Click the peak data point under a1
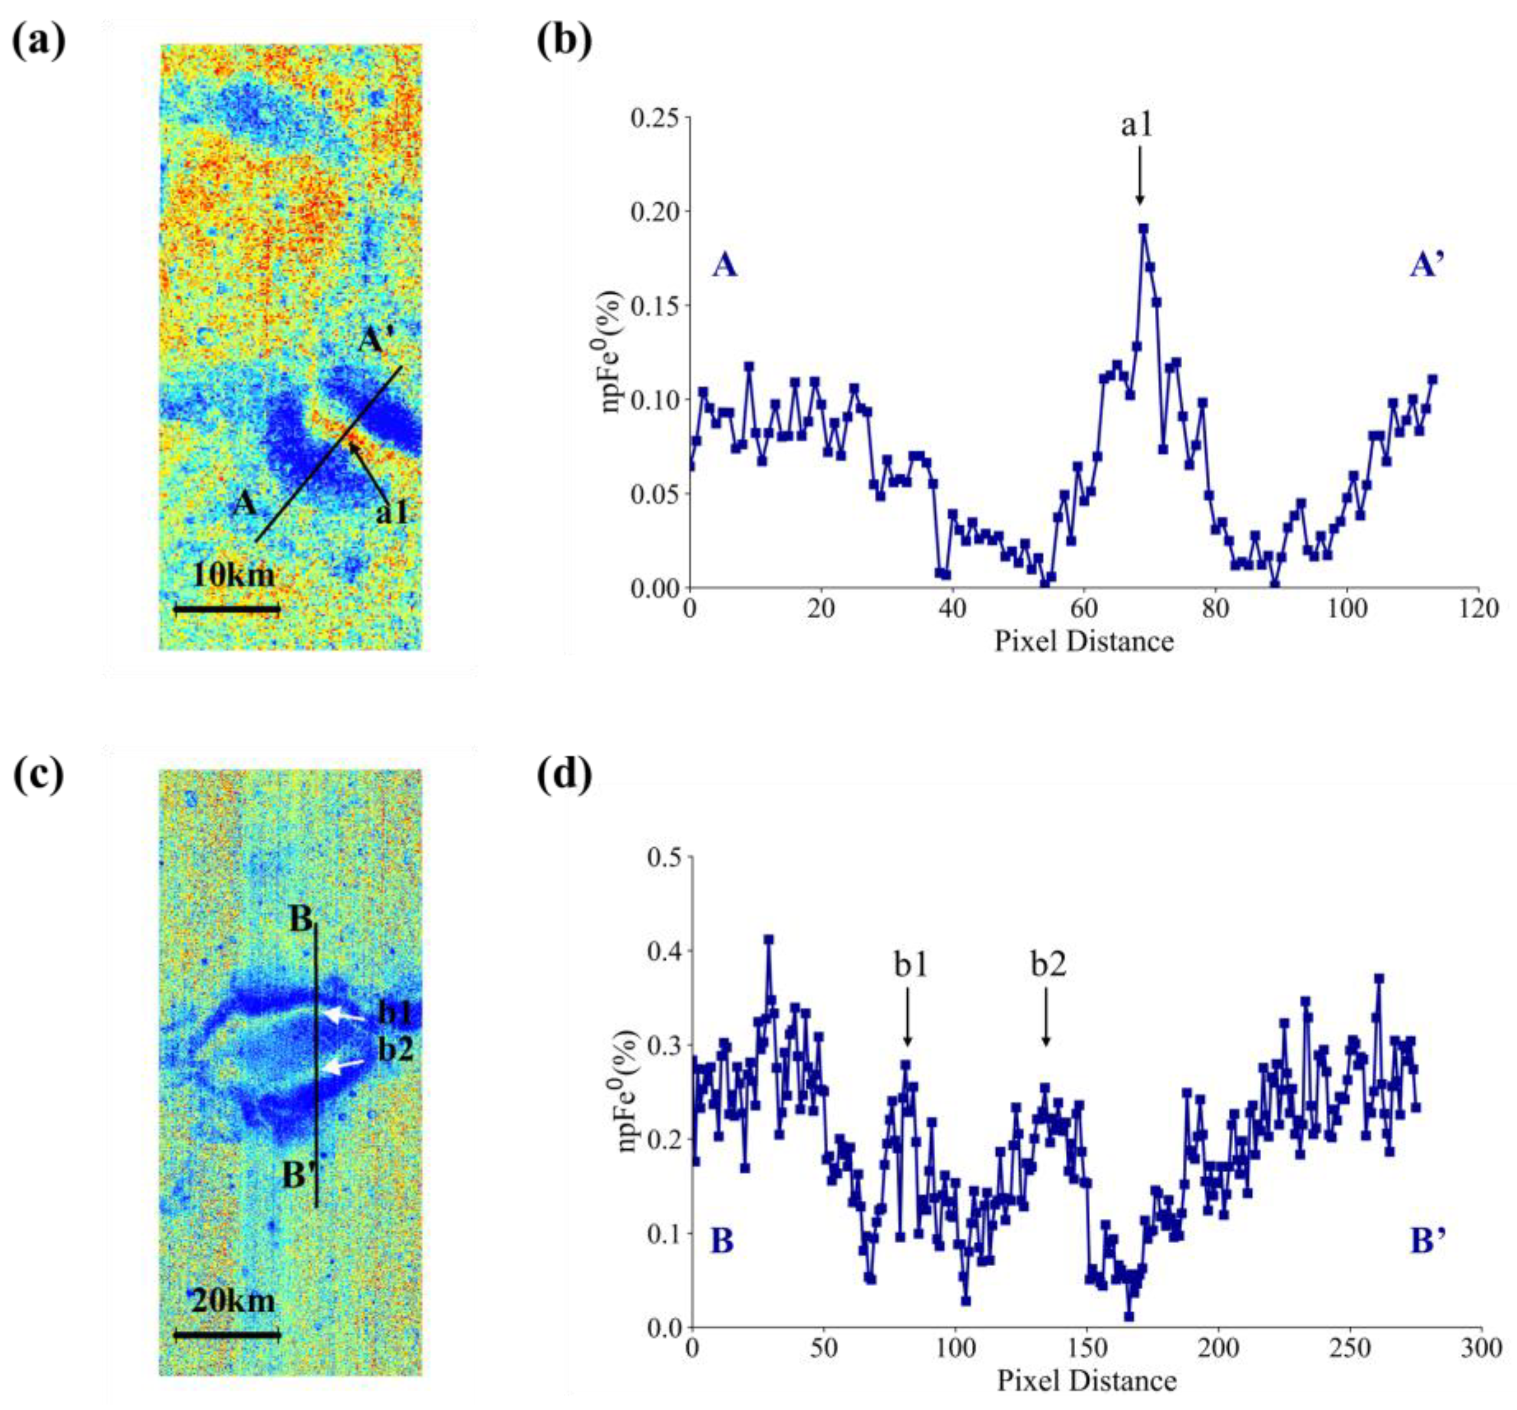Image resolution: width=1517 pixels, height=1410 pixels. [x=1143, y=228]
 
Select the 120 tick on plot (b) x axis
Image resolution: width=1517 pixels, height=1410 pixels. [x=1478, y=609]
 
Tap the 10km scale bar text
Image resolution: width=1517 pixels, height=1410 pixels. [x=233, y=574]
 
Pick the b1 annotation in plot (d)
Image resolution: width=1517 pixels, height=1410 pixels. [x=911, y=966]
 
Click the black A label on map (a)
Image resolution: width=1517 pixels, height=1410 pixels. [x=245, y=503]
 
